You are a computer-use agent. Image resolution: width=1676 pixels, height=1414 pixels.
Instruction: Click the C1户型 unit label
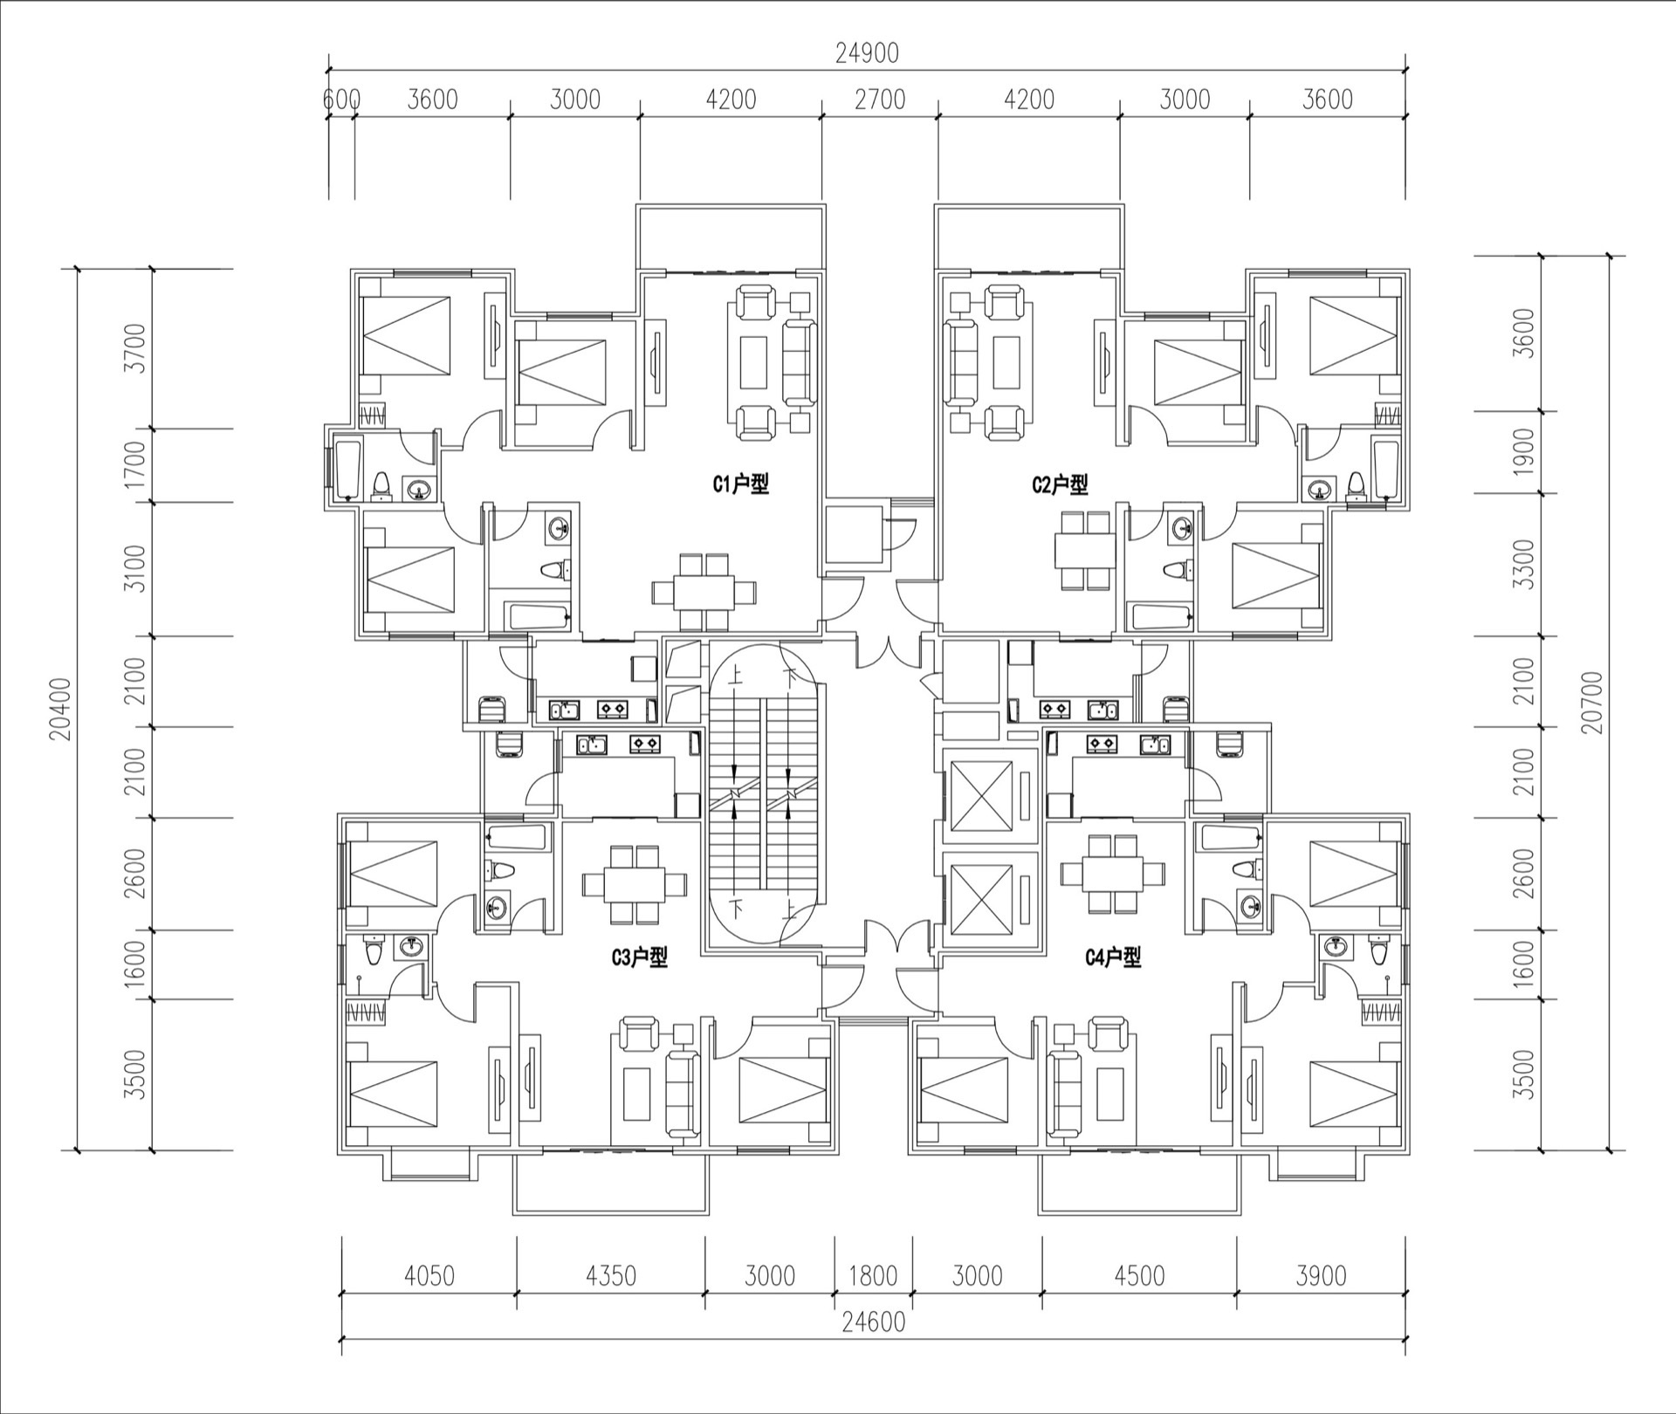pyautogui.click(x=741, y=484)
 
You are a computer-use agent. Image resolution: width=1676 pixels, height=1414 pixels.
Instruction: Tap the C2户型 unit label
pyautogui.click(x=1060, y=484)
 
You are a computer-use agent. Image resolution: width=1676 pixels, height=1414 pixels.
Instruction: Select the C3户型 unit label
pyautogui.click(x=639, y=958)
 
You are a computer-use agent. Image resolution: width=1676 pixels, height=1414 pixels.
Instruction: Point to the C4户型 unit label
pyautogui.click(x=1113, y=958)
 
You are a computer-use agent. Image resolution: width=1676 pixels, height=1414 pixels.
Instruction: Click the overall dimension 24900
pyautogui.click(x=867, y=54)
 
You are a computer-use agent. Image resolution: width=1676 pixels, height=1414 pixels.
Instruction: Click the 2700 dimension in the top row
pyautogui.click(x=880, y=100)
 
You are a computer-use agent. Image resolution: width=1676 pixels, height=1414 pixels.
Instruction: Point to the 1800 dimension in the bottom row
pyautogui.click(x=873, y=1276)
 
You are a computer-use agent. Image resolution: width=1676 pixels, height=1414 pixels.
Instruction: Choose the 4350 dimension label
pyautogui.click(x=610, y=1276)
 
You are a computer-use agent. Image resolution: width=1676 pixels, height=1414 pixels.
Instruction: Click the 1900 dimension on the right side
pyautogui.click(x=1523, y=451)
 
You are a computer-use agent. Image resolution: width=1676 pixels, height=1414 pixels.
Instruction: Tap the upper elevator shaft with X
pyautogui.click(x=981, y=796)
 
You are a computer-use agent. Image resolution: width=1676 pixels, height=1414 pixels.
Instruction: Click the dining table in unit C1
pyautogui.click(x=704, y=593)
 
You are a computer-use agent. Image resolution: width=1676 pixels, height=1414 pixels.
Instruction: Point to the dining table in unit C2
pyautogui.click(x=1084, y=551)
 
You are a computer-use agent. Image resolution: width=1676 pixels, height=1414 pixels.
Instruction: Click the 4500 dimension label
pyautogui.click(x=1139, y=1276)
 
